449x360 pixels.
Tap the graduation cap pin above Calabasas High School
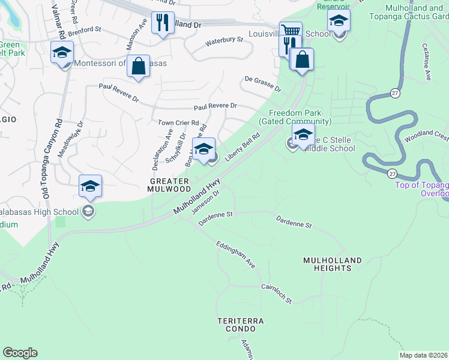click(91, 186)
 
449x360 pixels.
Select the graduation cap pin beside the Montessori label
click(62, 52)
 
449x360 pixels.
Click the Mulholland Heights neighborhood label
click(333, 264)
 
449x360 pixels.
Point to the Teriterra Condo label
click(241, 325)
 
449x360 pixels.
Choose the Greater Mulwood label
click(169, 184)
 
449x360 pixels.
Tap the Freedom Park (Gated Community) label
click(295, 117)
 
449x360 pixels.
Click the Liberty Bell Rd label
click(243, 148)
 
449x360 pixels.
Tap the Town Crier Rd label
click(178, 123)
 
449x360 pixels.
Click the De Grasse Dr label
click(263, 83)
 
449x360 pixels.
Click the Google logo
click(20, 353)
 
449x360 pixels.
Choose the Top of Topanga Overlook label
click(421, 189)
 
